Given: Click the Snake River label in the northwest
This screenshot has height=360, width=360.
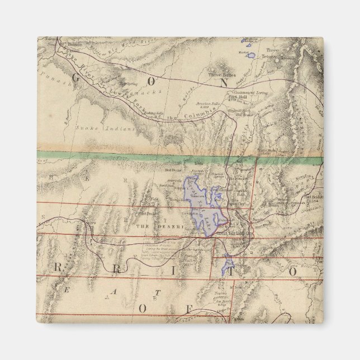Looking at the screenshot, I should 78,54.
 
